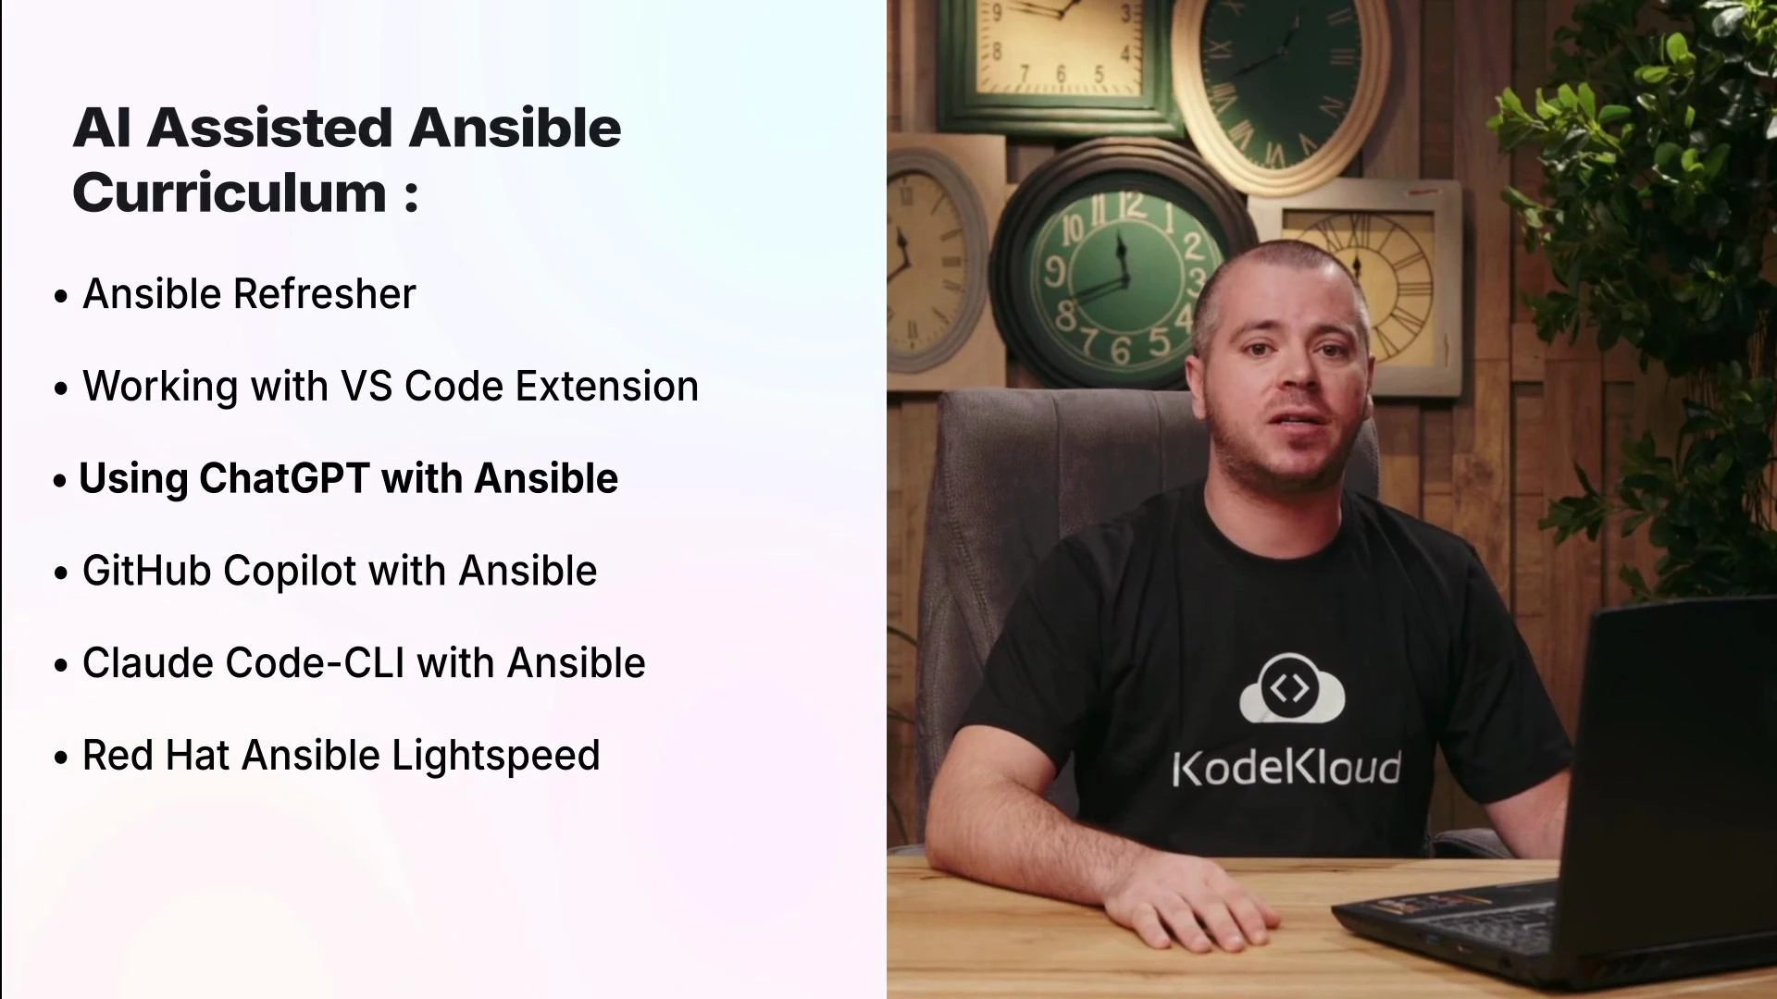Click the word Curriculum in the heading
(230, 193)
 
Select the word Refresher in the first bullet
(325, 294)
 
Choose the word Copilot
(290, 571)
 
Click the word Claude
(148, 663)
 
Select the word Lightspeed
(495, 756)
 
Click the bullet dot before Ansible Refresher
(61, 297)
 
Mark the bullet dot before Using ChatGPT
(60, 481)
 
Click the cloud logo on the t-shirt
(1291, 689)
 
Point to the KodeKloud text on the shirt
(1286, 769)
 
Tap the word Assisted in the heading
(269, 128)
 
